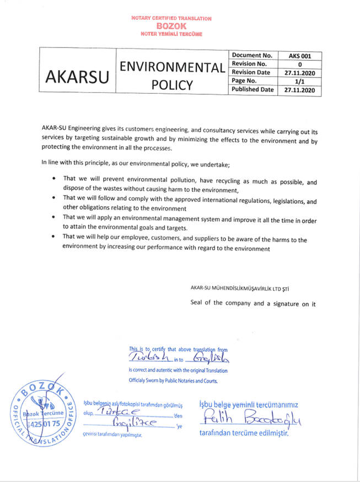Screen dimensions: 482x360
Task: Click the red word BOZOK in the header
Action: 171,26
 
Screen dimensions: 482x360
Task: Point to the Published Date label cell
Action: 252,89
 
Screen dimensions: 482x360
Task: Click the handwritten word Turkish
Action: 149,358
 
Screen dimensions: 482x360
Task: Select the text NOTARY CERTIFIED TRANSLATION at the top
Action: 171,18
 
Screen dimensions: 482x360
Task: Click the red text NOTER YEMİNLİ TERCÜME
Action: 171,34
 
